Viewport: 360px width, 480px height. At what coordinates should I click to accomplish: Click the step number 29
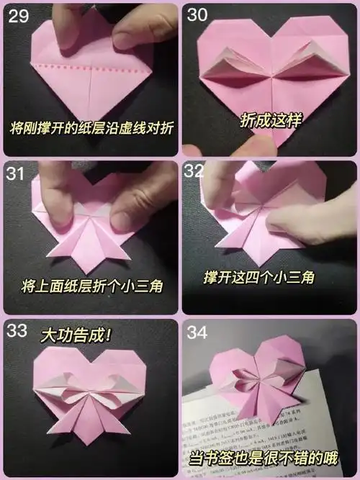point(19,15)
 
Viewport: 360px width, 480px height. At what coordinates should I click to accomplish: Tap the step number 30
point(199,15)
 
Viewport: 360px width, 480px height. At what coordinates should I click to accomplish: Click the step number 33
point(18,330)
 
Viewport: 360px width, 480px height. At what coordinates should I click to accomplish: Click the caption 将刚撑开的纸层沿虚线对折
point(92,131)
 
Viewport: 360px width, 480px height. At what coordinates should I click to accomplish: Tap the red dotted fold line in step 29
point(94,66)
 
